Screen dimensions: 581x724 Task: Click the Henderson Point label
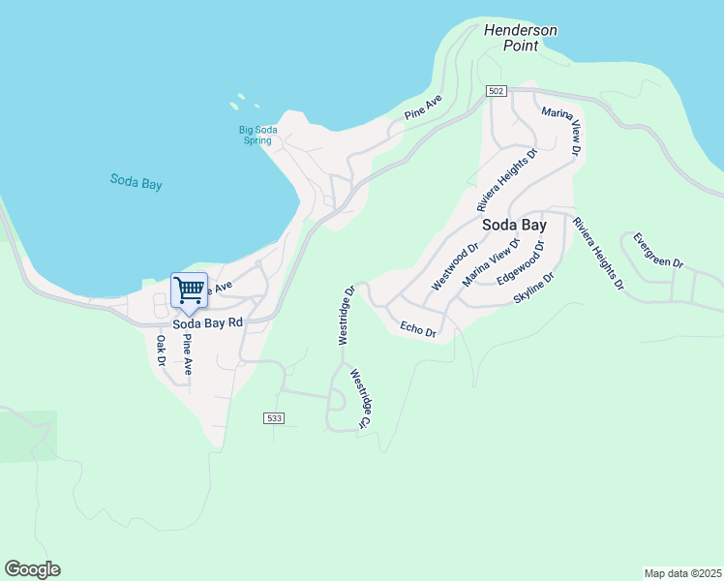click(521, 38)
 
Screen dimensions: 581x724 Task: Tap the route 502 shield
click(496, 91)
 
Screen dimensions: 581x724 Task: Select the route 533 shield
click(273, 418)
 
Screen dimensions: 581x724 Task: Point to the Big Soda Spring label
click(256, 135)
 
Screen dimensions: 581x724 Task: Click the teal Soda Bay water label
click(136, 181)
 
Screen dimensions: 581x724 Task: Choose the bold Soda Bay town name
click(514, 225)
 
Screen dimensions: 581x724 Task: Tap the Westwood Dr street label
click(455, 266)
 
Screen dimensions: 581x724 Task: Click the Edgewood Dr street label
click(521, 262)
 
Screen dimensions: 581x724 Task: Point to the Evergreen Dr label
click(658, 250)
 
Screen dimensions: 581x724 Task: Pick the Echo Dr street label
click(418, 330)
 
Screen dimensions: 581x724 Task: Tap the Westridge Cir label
click(360, 399)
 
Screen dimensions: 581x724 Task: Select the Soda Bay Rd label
click(207, 322)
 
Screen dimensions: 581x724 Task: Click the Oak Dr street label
click(162, 351)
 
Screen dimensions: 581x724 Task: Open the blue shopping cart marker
click(189, 290)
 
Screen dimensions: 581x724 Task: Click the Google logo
click(32, 569)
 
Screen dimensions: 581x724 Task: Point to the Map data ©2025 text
click(682, 572)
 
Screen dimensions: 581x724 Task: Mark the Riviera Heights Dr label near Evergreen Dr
click(596, 255)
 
